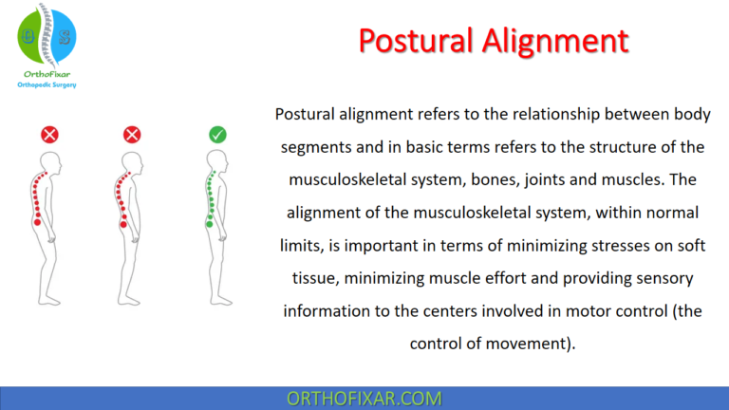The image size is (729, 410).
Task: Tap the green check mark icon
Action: (x=217, y=135)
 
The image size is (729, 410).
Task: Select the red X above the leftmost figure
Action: (x=49, y=135)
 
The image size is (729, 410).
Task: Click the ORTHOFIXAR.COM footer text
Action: (x=364, y=398)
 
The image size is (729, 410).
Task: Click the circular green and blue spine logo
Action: (x=47, y=35)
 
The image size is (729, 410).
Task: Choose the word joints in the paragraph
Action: (x=515, y=178)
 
